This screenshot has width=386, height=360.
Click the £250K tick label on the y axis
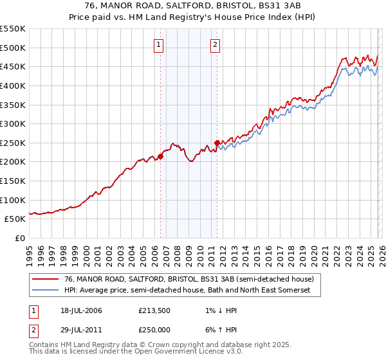click(13, 143)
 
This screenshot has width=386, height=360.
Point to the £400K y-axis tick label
click(13, 85)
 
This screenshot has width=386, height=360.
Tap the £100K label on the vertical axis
click(13, 200)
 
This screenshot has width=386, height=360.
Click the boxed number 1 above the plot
click(159, 45)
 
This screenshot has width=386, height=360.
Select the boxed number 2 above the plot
click(215, 45)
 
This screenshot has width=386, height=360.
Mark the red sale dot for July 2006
click(160, 156)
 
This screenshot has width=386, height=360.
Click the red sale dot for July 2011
click(217, 143)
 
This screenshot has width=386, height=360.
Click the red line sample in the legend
click(46, 280)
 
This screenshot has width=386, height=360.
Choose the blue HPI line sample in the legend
click(46, 291)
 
